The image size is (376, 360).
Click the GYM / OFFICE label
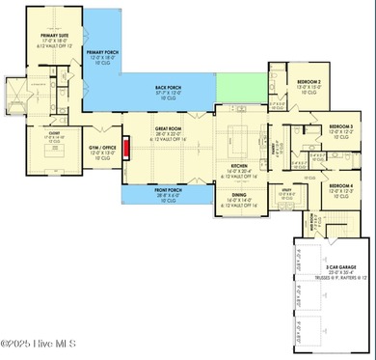[101, 147]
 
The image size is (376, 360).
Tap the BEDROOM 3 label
[339, 126]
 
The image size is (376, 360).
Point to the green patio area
[236, 85]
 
